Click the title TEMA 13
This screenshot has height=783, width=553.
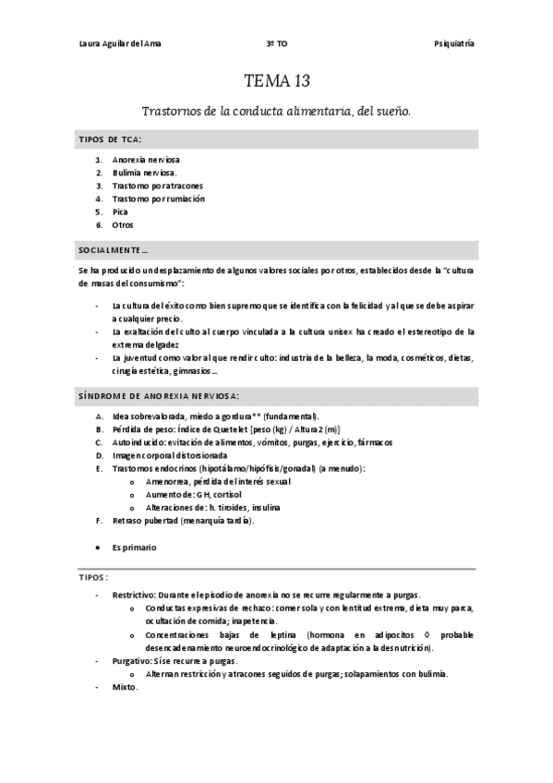pos(276,80)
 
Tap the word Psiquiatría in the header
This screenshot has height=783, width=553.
pos(454,44)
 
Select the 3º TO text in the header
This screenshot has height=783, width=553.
pos(276,44)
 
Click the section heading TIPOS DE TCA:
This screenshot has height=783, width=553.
pos(109,139)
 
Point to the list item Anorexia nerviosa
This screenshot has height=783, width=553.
pos(145,160)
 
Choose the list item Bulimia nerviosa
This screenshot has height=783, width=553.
pos(143,173)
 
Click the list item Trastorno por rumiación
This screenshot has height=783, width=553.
pos(158,199)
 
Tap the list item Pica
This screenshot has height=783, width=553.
pos(120,211)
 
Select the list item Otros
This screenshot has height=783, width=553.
pos(123,224)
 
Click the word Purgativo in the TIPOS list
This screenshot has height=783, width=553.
pos(131,661)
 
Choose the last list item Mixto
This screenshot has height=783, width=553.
pos(124,688)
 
